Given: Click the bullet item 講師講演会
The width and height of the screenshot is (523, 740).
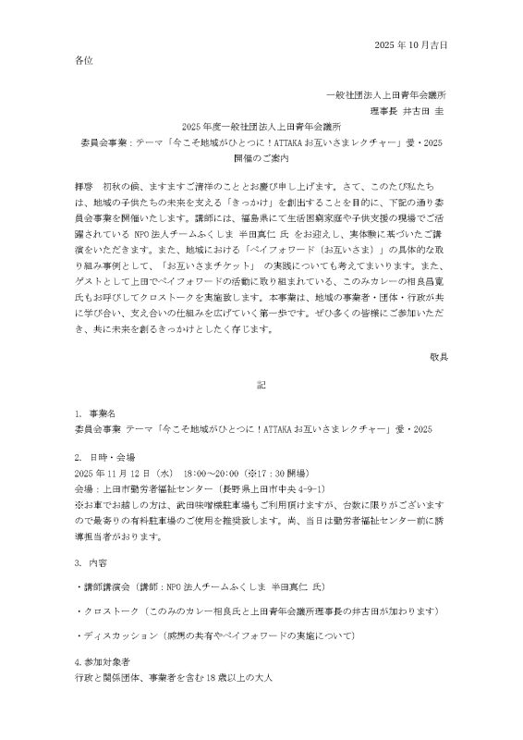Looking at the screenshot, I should click(105, 586).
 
